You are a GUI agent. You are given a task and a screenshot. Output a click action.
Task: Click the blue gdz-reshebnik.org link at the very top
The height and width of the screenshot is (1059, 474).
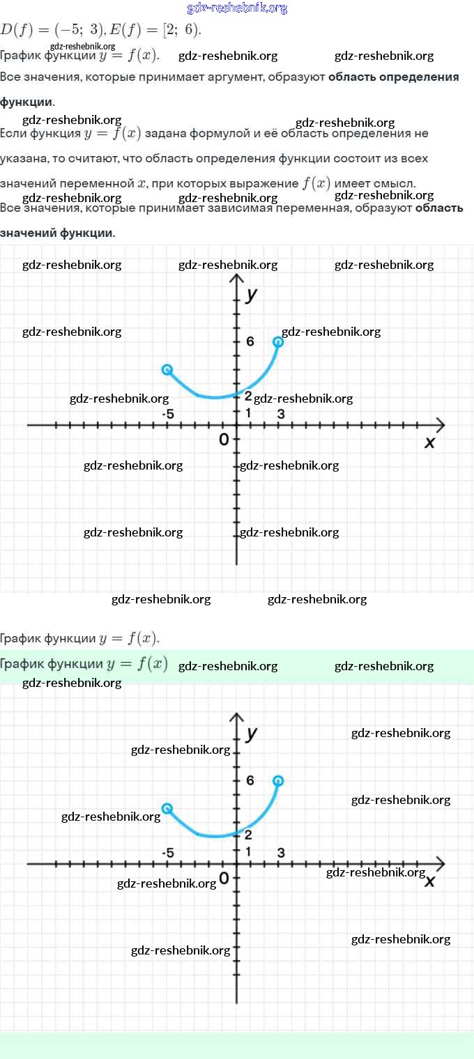pyautogui.click(x=237, y=8)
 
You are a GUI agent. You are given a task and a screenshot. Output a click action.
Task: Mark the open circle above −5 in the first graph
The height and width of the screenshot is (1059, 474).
pyautogui.click(x=167, y=370)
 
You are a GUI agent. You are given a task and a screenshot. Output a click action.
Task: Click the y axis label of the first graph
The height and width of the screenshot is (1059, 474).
pyautogui.click(x=252, y=294)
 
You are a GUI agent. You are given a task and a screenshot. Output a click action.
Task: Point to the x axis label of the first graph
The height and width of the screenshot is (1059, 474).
pyautogui.click(x=429, y=442)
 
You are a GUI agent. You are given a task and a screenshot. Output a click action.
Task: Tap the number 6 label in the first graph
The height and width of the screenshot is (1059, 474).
pyautogui.click(x=250, y=341)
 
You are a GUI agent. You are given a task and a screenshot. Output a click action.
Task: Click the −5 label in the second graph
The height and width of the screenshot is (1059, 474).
pyautogui.click(x=168, y=853)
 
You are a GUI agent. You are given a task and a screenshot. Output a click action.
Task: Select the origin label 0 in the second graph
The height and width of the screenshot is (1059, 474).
pyautogui.click(x=224, y=878)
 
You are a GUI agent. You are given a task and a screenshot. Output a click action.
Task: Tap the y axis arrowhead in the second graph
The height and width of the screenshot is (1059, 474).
pyautogui.click(x=237, y=718)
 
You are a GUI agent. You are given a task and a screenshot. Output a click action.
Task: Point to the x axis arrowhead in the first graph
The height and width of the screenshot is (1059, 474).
pyautogui.click(x=439, y=424)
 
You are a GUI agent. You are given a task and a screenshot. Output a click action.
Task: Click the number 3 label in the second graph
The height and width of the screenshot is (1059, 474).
pyautogui.click(x=281, y=853)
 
